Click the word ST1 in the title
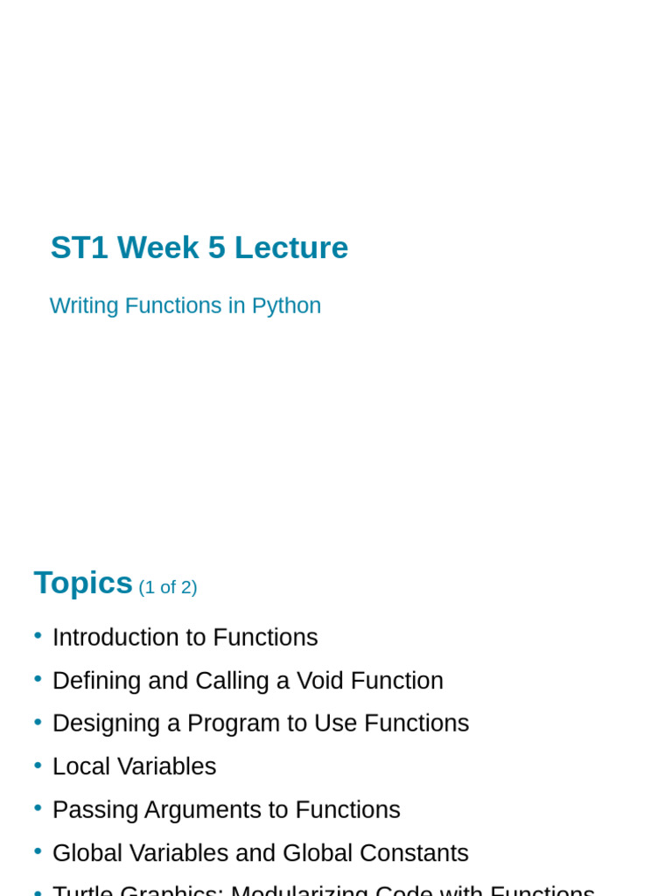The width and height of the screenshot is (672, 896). point(80,248)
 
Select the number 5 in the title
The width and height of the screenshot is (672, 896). point(216,248)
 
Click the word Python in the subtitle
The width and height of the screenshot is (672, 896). point(286,305)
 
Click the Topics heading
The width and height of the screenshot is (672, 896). point(83,583)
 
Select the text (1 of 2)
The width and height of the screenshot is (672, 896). point(168,587)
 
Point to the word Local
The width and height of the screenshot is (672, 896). point(80,766)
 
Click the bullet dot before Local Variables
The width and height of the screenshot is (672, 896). point(38,766)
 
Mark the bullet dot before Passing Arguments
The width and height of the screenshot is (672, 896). point(38,808)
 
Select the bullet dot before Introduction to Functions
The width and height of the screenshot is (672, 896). point(38,636)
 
